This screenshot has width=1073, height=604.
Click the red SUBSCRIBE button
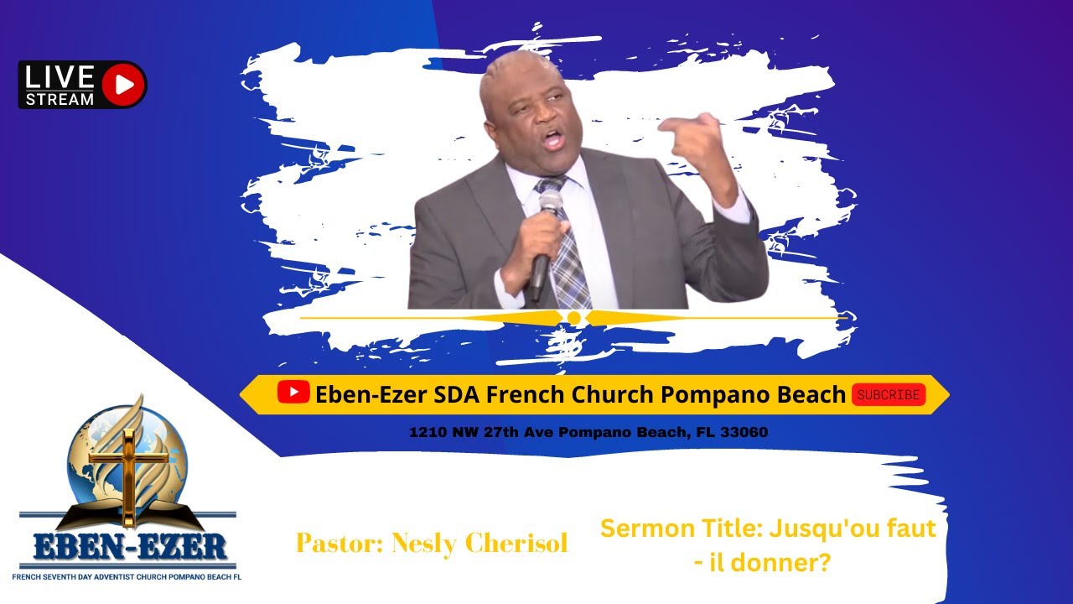click(889, 395)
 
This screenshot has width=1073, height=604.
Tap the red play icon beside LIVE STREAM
click(123, 85)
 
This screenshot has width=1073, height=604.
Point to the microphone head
click(550, 202)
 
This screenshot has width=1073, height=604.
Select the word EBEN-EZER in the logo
click(130, 549)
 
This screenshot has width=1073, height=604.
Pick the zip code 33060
click(744, 433)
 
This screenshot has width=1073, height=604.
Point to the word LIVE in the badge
click(60, 77)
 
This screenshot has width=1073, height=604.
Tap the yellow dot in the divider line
click(574, 318)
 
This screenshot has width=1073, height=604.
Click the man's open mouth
click(552, 138)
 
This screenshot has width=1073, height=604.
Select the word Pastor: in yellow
click(335, 544)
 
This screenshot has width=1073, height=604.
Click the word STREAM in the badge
click(60, 99)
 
